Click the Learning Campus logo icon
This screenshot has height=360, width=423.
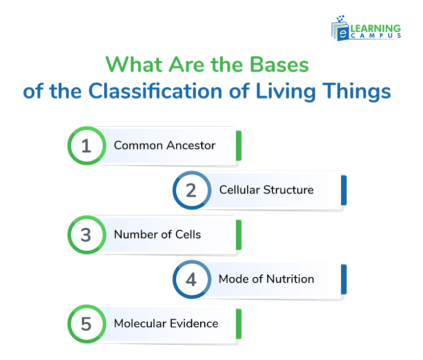(x=341, y=29)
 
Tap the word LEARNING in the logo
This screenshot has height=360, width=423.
(x=375, y=28)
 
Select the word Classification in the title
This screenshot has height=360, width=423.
(x=155, y=92)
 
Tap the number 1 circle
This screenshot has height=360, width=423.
(x=86, y=146)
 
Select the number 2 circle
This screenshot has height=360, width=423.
(x=192, y=190)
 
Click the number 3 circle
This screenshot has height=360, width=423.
(x=86, y=234)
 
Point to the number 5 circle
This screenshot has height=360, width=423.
(x=86, y=323)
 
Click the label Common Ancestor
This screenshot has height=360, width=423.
(x=165, y=146)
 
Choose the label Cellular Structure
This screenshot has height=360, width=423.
(x=266, y=190)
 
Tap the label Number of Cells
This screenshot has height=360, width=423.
(x=157, y=234)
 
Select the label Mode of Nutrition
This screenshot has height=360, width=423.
(x=266, y=279)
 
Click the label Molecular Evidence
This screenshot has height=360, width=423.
(x=166, y=323)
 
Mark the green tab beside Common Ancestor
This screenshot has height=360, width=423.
(x=239, y=146)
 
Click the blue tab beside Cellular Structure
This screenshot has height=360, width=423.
(x=344, y=190)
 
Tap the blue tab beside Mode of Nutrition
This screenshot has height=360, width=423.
(x=344, y=279)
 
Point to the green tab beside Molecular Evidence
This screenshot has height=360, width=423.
(x=239, y=323)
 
